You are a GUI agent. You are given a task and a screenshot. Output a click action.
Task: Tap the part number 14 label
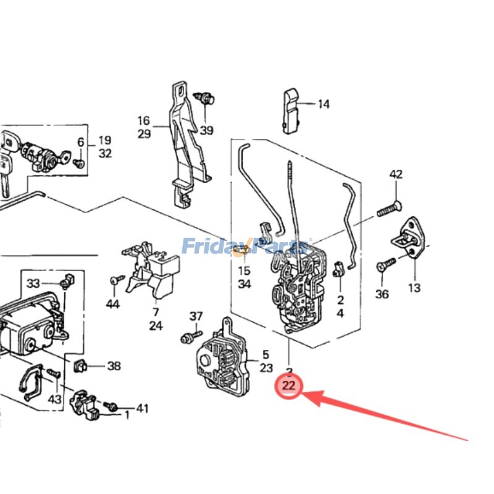coord(324,104)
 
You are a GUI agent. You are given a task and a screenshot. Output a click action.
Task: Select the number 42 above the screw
coord(396,175)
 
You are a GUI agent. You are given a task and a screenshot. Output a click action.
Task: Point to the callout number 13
coord(414,287)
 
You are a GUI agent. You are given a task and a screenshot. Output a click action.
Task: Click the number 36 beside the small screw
coord(382,295)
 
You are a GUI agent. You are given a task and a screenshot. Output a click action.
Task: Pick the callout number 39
coord(206,130)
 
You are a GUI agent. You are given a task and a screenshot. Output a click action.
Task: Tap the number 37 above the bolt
coord(196,316)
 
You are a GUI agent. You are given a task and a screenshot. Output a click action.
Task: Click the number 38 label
coord(114,366)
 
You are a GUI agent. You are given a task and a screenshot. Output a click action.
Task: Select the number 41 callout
coord(143,408)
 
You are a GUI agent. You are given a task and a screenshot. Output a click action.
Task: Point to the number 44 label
coord(112,303)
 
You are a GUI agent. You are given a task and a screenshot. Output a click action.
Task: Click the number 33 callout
coord(33,283)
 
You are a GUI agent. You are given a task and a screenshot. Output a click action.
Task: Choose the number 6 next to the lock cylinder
coord(80,143)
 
